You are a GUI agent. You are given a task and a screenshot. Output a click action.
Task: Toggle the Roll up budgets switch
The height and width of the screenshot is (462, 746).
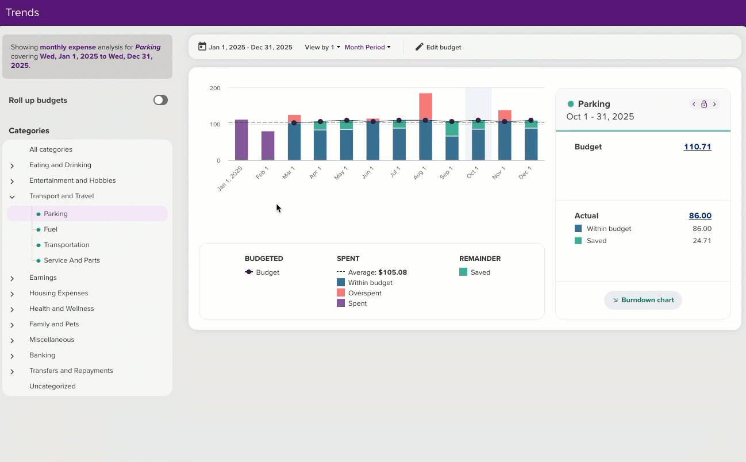tap(160, 100)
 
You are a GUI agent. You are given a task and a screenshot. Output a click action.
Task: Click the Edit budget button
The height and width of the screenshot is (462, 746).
tap(438, 47)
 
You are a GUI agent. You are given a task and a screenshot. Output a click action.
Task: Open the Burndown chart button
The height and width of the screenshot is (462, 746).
tap(643, 300)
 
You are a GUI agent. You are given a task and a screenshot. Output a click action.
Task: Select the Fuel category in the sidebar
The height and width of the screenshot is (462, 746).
tap(51, 229)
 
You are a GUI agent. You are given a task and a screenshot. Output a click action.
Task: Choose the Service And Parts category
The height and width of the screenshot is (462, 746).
tap(71, 260)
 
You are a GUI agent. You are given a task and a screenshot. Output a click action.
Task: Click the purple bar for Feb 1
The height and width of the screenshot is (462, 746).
tap(268, 146)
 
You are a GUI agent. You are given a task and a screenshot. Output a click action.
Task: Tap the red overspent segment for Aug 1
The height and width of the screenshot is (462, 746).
tap(425, 106)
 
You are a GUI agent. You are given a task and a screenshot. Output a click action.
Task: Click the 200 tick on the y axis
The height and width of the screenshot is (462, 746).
tap(215, 88)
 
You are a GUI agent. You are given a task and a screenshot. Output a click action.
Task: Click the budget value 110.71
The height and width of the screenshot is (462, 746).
tap(697, 147)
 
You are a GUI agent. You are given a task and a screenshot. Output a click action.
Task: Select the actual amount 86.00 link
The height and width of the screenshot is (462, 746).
tap(700, 216)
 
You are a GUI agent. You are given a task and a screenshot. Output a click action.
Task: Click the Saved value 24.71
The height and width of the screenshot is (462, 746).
tap(702, 241)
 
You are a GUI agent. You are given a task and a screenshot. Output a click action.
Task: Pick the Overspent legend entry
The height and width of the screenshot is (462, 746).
tap(364, 293)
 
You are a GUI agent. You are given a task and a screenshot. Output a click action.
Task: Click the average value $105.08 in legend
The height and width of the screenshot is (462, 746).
tap(392, 272)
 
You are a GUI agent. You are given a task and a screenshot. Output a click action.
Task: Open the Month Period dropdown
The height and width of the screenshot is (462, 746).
tap(367, 47)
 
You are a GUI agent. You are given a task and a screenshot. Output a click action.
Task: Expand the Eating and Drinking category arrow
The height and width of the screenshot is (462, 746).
tap(12, 165)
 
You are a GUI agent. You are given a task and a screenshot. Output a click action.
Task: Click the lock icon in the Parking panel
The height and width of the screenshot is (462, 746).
tap(704, 104)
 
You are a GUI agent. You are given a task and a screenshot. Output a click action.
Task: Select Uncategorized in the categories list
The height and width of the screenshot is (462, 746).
tap(52, 386)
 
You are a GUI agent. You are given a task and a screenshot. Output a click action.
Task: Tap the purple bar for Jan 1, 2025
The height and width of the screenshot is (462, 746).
tap(241, 140)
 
